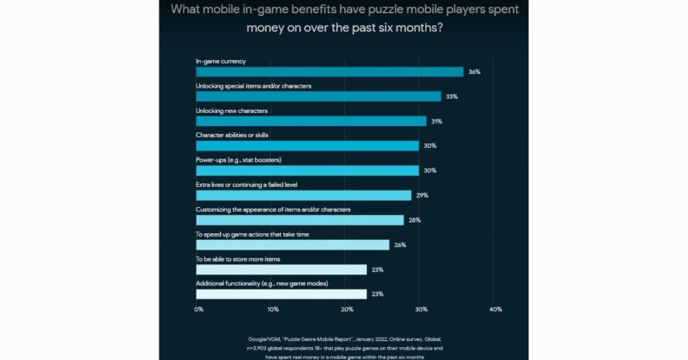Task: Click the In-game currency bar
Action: [x=329, y=72]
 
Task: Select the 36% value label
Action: [x=474, y=72]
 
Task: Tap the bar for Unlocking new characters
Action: [x=311, y=121]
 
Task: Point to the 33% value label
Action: [x=451, y=97]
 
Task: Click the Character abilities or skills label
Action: [x=232, y=135]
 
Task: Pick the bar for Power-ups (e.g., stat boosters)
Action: [x=307, y=171]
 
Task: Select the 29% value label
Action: [x=422, y=195]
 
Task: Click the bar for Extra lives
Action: [x=304, y=195]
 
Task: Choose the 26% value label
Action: [x=400, y=244]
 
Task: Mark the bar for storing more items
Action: [x=281, y=269]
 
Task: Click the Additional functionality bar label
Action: [x=261, y=283]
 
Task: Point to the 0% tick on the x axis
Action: [x=199, y=310]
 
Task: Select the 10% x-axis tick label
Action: [x=272, y=310]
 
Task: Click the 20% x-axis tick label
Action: [x=347, y=310]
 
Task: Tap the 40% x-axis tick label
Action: [x=495, y=310]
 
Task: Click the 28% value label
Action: [x=415, y=220]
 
